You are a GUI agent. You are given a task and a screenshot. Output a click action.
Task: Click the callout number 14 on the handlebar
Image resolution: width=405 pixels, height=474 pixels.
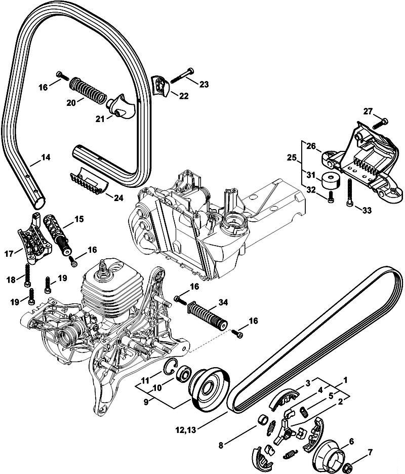click(x=46, y=157)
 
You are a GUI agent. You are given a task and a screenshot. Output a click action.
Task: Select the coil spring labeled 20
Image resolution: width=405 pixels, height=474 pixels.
click(x=89, y=89)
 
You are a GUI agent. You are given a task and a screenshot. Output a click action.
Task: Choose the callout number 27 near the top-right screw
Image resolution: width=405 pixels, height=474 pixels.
click(x=367, y=111)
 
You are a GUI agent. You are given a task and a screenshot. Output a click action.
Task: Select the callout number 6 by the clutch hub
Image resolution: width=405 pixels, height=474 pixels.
click(x=351, y=442)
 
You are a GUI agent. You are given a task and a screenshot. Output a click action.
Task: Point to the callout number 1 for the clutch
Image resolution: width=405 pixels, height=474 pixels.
click(x=345, y=379)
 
